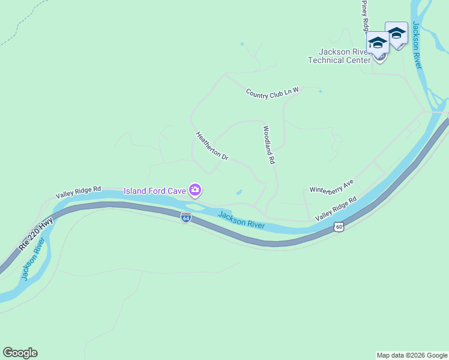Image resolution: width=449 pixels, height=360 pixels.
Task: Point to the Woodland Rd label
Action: click(268, 145)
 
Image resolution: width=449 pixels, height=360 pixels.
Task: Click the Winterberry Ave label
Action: click(332, 186)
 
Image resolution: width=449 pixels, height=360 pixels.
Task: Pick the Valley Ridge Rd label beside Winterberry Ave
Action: click(336, 208)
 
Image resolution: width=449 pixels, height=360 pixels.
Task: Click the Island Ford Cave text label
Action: click(155, 191)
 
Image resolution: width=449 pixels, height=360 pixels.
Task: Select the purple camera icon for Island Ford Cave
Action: click(195, 191)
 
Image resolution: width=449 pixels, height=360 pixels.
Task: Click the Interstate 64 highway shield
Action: click(186, 217)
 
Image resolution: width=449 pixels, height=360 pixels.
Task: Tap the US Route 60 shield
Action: click(339, 227)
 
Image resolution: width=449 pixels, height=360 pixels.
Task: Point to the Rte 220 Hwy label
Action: click(35, 234)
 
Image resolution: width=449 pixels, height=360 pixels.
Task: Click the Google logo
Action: click(20, 353)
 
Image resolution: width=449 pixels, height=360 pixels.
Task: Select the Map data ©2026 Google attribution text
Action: click(412, 355)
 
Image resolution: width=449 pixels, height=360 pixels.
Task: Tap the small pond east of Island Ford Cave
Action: click(240, 192)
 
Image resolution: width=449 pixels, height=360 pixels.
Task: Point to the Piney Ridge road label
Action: click(364, 15)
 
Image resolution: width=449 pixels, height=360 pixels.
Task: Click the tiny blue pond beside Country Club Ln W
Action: click(321, 91)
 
